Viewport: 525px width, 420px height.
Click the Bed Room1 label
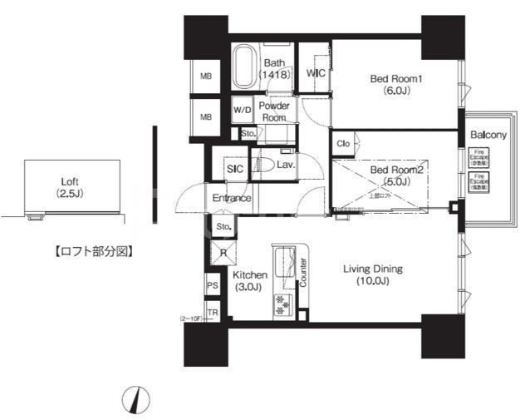point(396,86)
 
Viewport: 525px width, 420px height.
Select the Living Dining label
point(373,274)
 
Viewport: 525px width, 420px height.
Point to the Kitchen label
point(249,280)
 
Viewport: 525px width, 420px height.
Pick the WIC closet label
point(315,74)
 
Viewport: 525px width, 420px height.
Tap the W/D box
point(243,109)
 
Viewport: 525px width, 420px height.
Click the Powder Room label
point(273,112)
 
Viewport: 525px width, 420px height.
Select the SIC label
point(233,168)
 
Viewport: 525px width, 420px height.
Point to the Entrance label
point(232,198)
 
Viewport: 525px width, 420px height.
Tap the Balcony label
point(488,135)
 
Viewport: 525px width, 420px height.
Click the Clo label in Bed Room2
point(342,144)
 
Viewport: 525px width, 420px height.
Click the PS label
point(212,285)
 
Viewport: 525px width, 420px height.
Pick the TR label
point(212,312)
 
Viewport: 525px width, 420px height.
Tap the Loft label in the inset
point(70,186)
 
